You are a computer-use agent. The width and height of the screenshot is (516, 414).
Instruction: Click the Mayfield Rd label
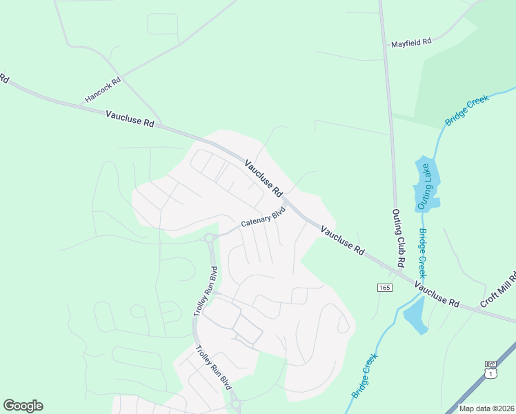point(410,42)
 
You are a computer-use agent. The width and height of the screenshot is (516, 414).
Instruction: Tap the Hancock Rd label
point(103,90)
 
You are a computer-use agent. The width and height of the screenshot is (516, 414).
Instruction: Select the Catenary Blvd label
point(262,219)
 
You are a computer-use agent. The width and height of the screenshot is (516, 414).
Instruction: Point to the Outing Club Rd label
point(398,239)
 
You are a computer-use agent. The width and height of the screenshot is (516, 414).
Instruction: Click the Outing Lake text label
point(425,187)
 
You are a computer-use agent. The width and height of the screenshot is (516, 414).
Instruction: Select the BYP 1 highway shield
point(490,369)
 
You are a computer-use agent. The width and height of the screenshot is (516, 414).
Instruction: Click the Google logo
point(23,406)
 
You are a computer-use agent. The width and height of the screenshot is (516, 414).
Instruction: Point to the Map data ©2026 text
point(486,408)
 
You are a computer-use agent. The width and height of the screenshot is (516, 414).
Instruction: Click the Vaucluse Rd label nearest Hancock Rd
point(130,119)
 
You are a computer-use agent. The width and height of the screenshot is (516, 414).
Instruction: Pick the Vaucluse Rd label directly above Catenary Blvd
point(264,177)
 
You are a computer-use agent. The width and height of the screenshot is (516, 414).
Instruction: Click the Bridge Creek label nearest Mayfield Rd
point(467,110)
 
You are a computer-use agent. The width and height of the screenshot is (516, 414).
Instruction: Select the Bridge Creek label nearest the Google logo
point(365,376)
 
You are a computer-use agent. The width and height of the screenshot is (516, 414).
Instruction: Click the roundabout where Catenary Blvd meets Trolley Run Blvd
point(209,239)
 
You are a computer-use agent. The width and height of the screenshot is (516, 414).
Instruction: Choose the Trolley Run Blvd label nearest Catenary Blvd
point(204,290)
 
